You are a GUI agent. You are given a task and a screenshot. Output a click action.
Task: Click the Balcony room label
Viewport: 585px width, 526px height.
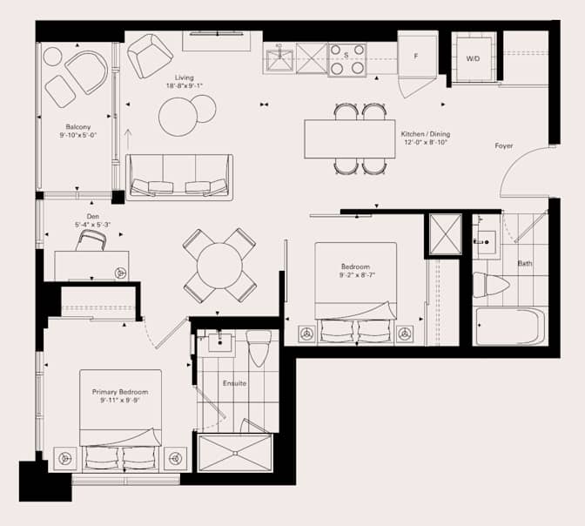[x=77, y=126]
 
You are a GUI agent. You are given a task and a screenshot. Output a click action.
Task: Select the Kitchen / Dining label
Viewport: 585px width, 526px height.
[x=425, y=134]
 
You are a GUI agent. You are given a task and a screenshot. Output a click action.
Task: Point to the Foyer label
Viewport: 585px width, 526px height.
[x=503, y=145]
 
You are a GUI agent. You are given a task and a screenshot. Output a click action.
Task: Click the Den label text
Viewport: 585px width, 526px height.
[x=92, y=216]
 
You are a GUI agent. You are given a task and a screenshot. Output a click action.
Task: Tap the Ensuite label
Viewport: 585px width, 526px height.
[x=234, y=383]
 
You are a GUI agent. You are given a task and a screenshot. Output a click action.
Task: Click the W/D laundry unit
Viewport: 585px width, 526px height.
[x=474, y=58]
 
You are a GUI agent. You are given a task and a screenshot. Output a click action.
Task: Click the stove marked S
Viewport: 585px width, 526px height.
[x=346, y=59]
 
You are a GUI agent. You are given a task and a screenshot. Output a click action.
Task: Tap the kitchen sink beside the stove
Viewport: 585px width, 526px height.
[x=279, y=59]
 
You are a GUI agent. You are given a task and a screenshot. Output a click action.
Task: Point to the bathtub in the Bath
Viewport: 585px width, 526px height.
[x=510, y=327]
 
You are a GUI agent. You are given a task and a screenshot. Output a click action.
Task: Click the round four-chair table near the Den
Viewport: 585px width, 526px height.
[x=219, y=266]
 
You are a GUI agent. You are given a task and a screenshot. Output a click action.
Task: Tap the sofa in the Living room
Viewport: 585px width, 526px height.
[x=179, y=176]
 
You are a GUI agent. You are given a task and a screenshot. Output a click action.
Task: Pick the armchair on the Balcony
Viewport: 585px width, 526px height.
[x=85, y=72]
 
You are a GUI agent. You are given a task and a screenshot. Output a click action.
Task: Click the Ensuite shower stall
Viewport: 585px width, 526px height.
[x=234, y=453]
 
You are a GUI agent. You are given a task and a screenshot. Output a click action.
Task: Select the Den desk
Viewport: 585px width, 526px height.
[x=91, y=265]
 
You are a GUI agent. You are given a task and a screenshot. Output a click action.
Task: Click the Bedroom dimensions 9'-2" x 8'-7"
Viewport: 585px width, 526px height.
[x=355, y=275]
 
